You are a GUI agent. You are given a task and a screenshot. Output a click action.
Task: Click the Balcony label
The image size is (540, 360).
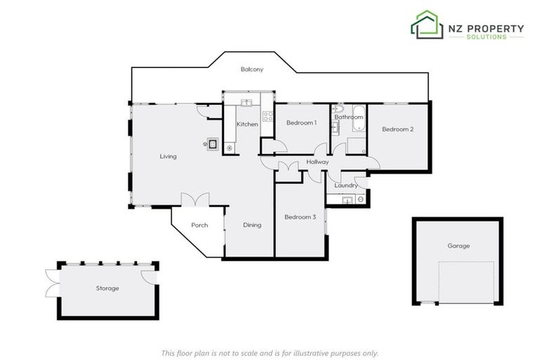252,69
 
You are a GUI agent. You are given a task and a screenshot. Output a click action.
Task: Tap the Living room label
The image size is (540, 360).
168,156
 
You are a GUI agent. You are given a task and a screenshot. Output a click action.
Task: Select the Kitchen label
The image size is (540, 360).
247,124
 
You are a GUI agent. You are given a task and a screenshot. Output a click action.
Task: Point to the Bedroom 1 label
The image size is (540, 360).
301,123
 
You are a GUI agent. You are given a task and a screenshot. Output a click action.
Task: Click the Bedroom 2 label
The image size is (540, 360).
397,129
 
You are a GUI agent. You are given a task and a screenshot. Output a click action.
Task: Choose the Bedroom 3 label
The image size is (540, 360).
300,217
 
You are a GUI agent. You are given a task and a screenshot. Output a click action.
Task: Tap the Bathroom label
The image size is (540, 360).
348,117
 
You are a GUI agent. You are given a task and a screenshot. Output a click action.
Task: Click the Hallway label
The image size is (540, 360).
318,162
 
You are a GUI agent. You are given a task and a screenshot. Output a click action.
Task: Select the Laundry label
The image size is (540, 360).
346,186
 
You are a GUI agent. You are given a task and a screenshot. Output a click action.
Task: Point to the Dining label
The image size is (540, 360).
252,225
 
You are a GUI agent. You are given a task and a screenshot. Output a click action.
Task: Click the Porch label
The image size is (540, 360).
200,226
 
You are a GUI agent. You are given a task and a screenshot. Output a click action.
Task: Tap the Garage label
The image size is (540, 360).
458,246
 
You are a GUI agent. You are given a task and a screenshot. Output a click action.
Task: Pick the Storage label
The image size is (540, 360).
108,288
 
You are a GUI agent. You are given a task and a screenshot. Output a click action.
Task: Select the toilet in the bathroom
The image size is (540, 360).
338,110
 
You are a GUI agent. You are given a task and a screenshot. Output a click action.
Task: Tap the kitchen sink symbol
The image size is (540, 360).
247,103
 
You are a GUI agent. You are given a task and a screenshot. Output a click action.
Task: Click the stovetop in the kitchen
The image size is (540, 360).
267,117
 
